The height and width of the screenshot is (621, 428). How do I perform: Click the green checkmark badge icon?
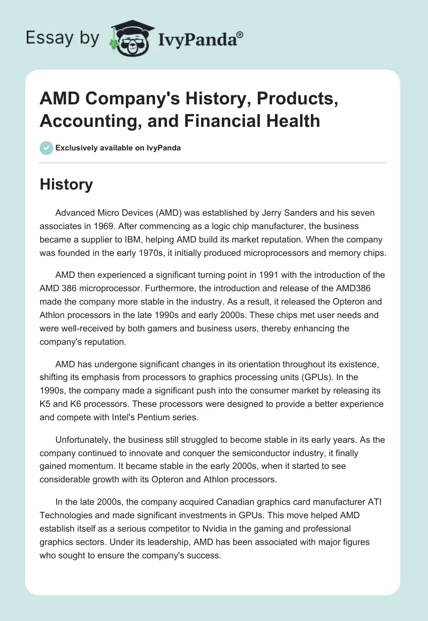pyautogui.click(x=46, y=148)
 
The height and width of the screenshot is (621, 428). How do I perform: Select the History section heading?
pyautogui.click(x=66, y=184)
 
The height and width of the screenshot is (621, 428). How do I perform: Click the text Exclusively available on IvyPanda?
pyautogui.click(x=119, y=148)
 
